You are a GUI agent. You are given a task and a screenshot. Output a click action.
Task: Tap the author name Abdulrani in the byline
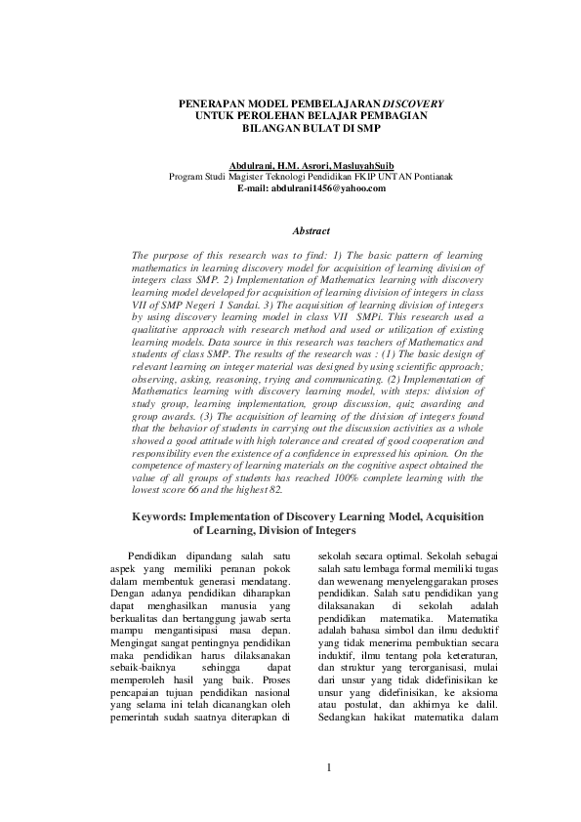(x=250, y=166)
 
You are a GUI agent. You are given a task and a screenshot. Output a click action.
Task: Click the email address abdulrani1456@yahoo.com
(x=311, y=187)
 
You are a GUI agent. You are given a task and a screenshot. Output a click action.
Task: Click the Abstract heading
(x=310, y=231)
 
